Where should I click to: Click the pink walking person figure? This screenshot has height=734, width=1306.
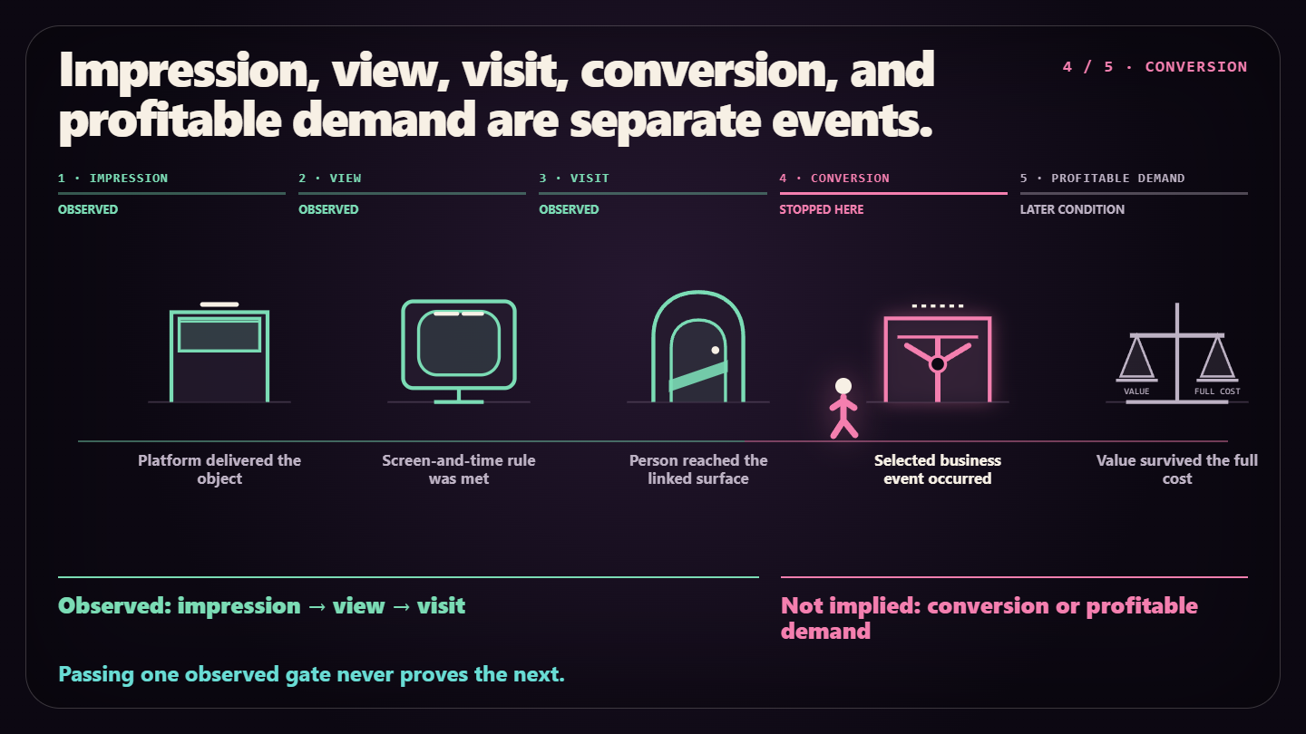843,410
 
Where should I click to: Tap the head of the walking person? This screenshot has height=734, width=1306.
843,386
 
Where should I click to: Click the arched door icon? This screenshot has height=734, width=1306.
698,346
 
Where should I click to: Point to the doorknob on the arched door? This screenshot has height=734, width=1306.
716,350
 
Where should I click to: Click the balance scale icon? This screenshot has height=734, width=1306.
1177,353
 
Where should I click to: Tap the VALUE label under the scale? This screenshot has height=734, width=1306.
1136,391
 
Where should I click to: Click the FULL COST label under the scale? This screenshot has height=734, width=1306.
1217,391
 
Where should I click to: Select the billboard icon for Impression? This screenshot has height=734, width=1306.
219,353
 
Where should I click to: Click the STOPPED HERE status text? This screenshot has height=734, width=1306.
822,209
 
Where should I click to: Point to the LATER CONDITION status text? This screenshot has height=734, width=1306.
1072,209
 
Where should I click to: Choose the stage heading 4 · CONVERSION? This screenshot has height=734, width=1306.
834,179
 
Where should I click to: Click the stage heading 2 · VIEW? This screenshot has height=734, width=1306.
329,179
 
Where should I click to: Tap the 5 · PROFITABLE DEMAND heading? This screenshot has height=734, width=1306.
1102,179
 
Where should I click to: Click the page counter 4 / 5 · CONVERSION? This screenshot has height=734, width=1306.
1155,67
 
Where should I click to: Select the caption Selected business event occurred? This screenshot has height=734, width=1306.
938,469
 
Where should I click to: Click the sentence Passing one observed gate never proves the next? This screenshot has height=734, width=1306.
311,674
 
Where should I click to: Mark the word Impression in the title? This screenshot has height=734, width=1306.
190,71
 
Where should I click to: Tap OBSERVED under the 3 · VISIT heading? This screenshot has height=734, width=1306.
569,209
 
